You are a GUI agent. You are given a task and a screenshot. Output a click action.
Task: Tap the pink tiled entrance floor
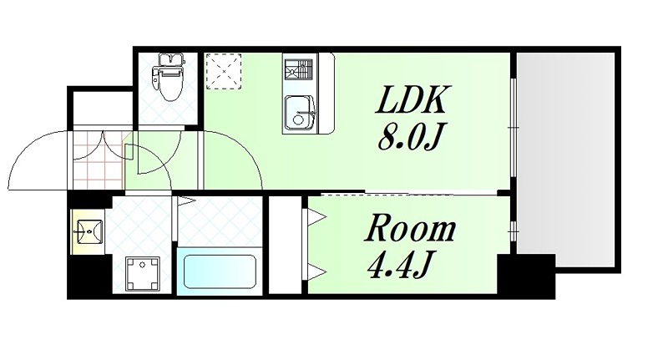96,160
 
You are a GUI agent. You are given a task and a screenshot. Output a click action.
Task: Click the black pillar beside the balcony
526,274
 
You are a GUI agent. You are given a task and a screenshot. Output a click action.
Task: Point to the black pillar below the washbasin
89,275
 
